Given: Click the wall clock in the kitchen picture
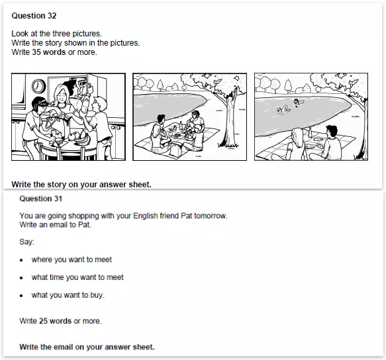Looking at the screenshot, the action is [x=38, y=86].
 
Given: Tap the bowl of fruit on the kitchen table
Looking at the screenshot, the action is [x=79, y=139].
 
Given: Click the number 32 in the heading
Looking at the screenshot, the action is [x=52, y=16].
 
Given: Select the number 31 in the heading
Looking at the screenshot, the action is [x=58, y=199].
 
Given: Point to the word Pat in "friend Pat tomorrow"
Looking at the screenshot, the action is [x=186, y=216].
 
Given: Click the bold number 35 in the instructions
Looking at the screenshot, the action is [x=36, y=52].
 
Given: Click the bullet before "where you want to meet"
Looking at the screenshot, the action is [x=21, y=260].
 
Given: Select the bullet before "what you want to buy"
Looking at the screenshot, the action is [x=21, y=296].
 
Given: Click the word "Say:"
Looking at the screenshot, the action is [x=27, y=242].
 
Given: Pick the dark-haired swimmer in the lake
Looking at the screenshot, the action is [x=297, y=102].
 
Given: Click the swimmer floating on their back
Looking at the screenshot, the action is [x=283, y=109].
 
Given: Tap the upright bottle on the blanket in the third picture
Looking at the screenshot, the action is [x=310, y=131].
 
